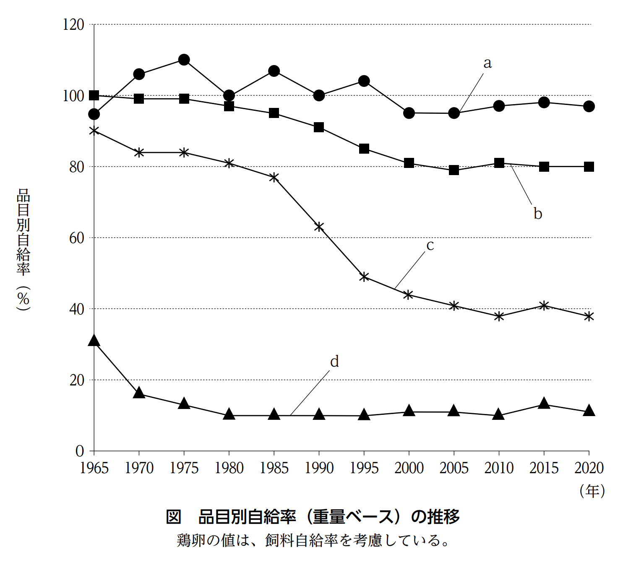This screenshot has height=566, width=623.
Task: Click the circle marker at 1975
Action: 184,60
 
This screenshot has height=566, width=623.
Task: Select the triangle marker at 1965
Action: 94,341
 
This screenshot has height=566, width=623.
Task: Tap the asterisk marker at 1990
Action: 319,227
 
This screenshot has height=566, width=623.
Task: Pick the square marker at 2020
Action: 589,167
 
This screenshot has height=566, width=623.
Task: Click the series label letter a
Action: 487,63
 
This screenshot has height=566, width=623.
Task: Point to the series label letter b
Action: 537,214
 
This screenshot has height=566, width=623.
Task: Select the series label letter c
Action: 430,245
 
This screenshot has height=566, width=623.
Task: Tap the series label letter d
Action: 334,362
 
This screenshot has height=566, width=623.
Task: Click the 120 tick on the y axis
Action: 73,25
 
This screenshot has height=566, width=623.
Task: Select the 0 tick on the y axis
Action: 80,451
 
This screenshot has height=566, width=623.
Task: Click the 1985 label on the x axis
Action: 274,468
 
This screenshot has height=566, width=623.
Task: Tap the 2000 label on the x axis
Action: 409,468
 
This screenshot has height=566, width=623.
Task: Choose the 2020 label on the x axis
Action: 589,468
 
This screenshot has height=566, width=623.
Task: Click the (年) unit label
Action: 592,490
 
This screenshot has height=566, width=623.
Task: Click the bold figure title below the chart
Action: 313,517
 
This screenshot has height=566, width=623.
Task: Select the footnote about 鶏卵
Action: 313,540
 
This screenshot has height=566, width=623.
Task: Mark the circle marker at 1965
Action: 94,114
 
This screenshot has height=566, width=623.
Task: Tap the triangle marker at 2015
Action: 544,404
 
